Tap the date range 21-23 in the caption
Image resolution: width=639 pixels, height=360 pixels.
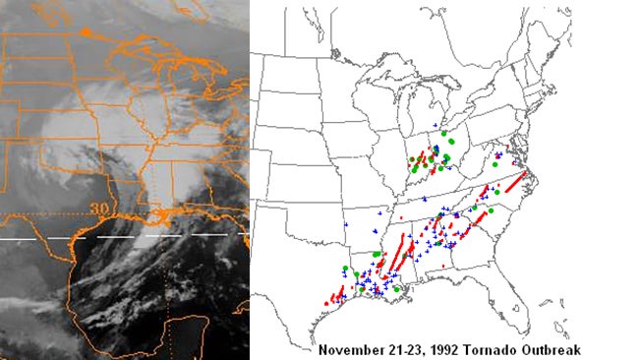[x=405, y=350]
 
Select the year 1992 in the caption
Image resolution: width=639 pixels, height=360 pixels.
[x=445, y=350]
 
